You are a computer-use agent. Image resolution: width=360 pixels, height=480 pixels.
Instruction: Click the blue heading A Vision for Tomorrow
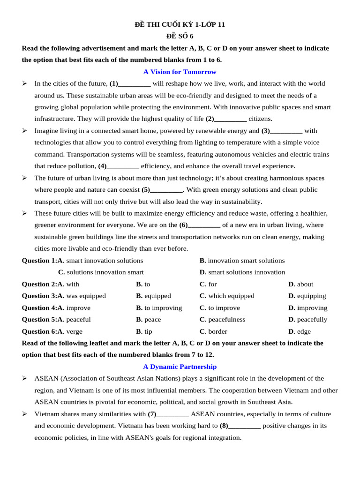180,72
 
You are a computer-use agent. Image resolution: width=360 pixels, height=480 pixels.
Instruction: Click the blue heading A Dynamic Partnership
180,367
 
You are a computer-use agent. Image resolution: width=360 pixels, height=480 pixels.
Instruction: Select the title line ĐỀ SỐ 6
180,36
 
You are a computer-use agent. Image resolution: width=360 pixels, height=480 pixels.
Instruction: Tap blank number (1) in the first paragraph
130,83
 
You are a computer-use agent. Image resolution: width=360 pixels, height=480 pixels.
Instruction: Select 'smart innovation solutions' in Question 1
105,261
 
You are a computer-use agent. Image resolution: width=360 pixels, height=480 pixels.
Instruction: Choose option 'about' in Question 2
305,284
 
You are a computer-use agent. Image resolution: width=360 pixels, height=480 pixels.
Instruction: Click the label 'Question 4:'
39,308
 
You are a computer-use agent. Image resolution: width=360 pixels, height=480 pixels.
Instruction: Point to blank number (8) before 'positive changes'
240,426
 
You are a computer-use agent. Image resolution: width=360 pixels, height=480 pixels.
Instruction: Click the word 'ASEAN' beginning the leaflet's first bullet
46,378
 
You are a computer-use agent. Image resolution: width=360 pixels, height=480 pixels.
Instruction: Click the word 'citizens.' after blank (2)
260,119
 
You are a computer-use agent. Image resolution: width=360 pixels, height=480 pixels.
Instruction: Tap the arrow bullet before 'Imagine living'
24,131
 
